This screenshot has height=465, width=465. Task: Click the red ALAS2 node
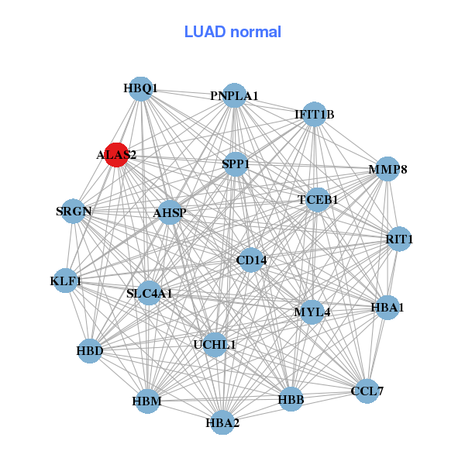click(116, 154)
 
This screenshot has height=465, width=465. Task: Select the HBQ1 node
click(140, 88)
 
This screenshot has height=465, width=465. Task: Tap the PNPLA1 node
click(234, 95)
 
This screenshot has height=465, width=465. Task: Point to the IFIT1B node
click(314, 114)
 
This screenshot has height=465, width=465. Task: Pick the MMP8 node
click(387, 169)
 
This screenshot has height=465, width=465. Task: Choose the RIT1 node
click(399, 239)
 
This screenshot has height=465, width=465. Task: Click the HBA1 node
click(387, 307)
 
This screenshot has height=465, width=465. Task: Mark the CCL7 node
click(367, 391)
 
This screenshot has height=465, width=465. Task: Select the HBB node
click(291, 399)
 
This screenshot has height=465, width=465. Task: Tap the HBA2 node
click(222, 422)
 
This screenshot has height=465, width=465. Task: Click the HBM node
click(147, 401)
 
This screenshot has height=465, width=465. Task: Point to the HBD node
click(90, 351)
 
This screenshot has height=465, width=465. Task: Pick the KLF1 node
click(66, 280)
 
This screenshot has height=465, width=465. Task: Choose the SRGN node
click(74, 211)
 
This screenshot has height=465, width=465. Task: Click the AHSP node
click(170, 212)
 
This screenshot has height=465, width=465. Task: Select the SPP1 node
click(236, 164)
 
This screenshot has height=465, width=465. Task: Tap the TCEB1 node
click(318, 199)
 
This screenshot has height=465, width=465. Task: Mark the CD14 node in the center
click(251, 260)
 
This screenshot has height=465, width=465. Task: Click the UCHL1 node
click(215, 344)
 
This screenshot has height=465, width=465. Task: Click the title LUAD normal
click(232, 32)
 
